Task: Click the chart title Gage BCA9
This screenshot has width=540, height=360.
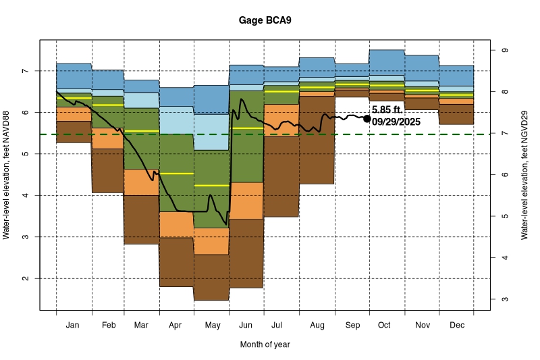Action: tap(265, 20)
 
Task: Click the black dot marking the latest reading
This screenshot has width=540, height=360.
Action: tap(367, 118)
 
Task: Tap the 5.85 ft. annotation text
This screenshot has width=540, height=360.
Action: tap(387, 109)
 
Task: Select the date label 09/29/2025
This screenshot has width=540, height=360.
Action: tap(396, 122)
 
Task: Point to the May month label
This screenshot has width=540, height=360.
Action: tap(212, 325)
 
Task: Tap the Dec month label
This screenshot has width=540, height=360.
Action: tap(456, 325)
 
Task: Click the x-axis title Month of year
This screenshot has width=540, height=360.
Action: tap(265, 344)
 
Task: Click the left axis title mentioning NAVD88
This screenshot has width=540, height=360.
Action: tap(7, 176)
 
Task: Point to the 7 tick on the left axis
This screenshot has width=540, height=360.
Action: tap(24, 71)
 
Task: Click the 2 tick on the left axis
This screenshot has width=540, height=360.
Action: tap(24, 278)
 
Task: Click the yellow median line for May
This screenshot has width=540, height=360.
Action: tap(212, 185)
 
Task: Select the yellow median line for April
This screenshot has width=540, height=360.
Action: tap(177, 174)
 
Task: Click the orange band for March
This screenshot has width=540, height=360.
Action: tap(142, 182)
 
